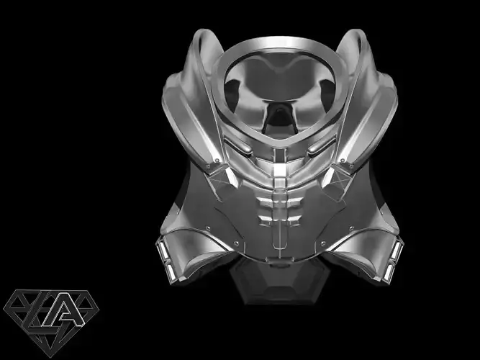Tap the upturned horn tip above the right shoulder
pos(357,36)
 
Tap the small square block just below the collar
pos(278,171)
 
